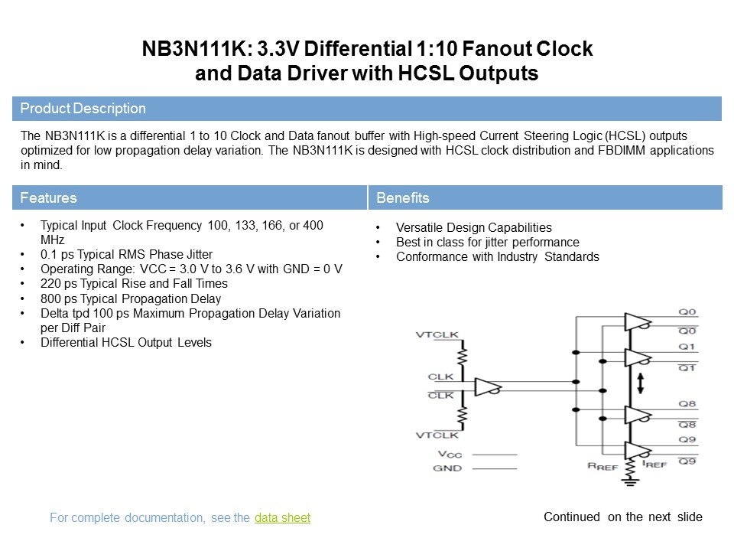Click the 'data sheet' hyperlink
(x=282, y=518)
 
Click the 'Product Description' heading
(x=83, y=108)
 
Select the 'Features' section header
(x=48, y=197)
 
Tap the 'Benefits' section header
(x=403, y=197)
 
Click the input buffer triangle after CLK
(x=487, y=387)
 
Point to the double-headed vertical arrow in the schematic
(x=641, y=383)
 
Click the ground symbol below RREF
(x=630, y=481)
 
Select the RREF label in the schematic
(x=602, y=466)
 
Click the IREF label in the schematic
(x=654, y=464)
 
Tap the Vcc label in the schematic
(x=450, y=454)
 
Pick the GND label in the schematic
(x=447, y=468)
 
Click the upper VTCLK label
(x=437, y=334)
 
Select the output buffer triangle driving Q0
(x=638, y=322)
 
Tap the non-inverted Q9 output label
(x=687, y=439)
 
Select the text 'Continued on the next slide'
(x=623, y=517)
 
